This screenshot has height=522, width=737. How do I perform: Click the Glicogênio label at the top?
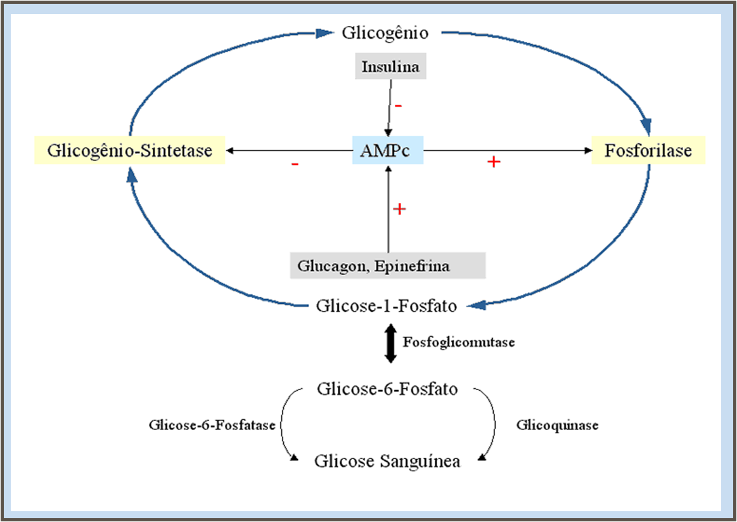[x=385, y=32]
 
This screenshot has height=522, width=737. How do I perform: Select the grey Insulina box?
[x=390, y=67]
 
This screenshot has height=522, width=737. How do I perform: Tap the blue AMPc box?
[x=388, y=151]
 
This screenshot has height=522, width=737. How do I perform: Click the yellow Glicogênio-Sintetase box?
[x=130, y=151]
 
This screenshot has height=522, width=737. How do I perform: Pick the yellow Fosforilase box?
[x=648, y=151]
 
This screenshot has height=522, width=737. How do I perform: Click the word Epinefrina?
[x=411, y=266]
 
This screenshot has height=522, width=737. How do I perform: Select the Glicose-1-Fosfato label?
[x=387, y=306]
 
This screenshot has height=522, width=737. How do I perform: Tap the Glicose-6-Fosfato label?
[x=387, y=388]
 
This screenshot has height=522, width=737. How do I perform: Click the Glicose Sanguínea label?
[x=387, y=461]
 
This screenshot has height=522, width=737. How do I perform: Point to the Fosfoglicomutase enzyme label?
[x=459, y=343]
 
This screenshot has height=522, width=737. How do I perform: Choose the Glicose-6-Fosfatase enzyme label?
[x=212, y=425]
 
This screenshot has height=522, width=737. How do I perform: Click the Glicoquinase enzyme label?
[x=557, y=425]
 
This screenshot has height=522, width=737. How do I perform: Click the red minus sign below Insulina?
[x=398, y=105]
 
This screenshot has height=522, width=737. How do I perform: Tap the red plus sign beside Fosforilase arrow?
[x=494, y=162]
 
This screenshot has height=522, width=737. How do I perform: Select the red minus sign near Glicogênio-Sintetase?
[x=295, y=164]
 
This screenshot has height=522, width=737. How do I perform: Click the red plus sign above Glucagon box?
[x=399, y=209]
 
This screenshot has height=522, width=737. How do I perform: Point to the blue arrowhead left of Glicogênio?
[x=324, y=32]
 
